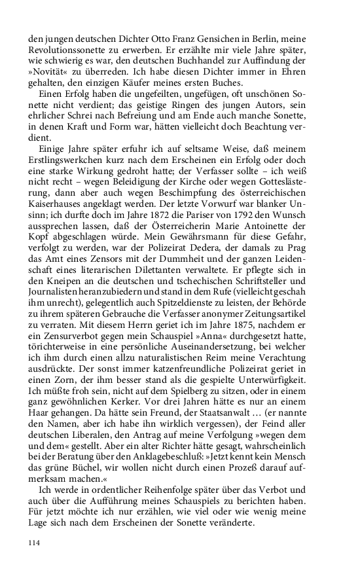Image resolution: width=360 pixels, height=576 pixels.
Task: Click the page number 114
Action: [x=35, y=561]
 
